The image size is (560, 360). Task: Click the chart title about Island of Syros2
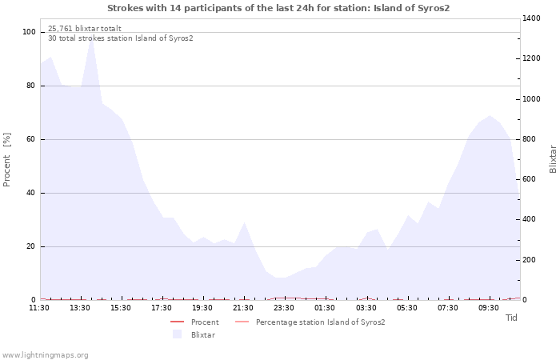[278, 8]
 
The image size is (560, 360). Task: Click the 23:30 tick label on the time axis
[284, 308]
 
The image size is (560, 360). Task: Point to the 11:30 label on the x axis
[39, 308]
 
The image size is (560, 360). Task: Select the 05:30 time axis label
[406, 308]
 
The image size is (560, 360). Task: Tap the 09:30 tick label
[489, 308]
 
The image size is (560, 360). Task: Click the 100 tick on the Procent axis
[29, 32]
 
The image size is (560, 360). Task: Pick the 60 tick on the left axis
[31, 139]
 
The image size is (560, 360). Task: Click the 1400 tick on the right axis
[531, 18]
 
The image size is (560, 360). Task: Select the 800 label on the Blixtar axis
[530, 139]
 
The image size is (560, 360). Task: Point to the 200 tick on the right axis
[530, 260]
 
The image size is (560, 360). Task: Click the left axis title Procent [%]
[6, 160]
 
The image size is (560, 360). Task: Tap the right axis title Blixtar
[553, 159]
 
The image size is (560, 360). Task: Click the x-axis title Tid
[511, 318]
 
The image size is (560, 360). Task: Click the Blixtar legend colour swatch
[177, 334]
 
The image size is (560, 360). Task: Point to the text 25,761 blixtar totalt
[85, 29]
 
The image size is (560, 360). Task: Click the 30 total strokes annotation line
[121, 38]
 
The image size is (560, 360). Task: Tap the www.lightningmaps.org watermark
[44, 355]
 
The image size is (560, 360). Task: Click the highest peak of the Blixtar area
[92, 37]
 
